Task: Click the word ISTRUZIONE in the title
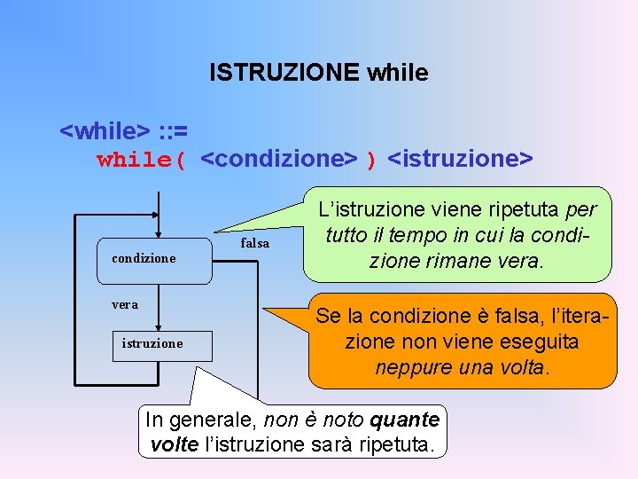[283, 72]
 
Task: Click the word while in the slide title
[397, 72]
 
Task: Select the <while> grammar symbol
[105, 132]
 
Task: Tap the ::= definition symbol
[173, 132]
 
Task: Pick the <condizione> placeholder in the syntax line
[279, 159]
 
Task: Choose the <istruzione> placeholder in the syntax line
[461, 159]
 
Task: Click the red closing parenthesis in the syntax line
[372, 161]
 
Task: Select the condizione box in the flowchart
[156, 258]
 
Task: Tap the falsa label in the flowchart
[255, 243]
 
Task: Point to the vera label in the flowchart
[124, 304]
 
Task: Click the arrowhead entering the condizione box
[156, 232]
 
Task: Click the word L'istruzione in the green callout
[366, 210]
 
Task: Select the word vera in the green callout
[523, 262]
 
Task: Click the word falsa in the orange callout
[498, 315]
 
